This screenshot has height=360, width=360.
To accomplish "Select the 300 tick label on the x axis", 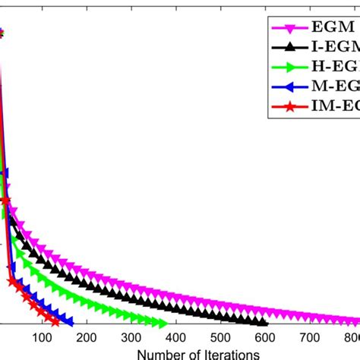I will point(131,339).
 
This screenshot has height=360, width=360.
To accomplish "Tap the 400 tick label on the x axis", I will point(175,339).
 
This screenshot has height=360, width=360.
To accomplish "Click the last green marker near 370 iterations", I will point(162,323).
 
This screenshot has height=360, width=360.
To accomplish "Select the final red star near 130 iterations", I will point(55,322).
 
